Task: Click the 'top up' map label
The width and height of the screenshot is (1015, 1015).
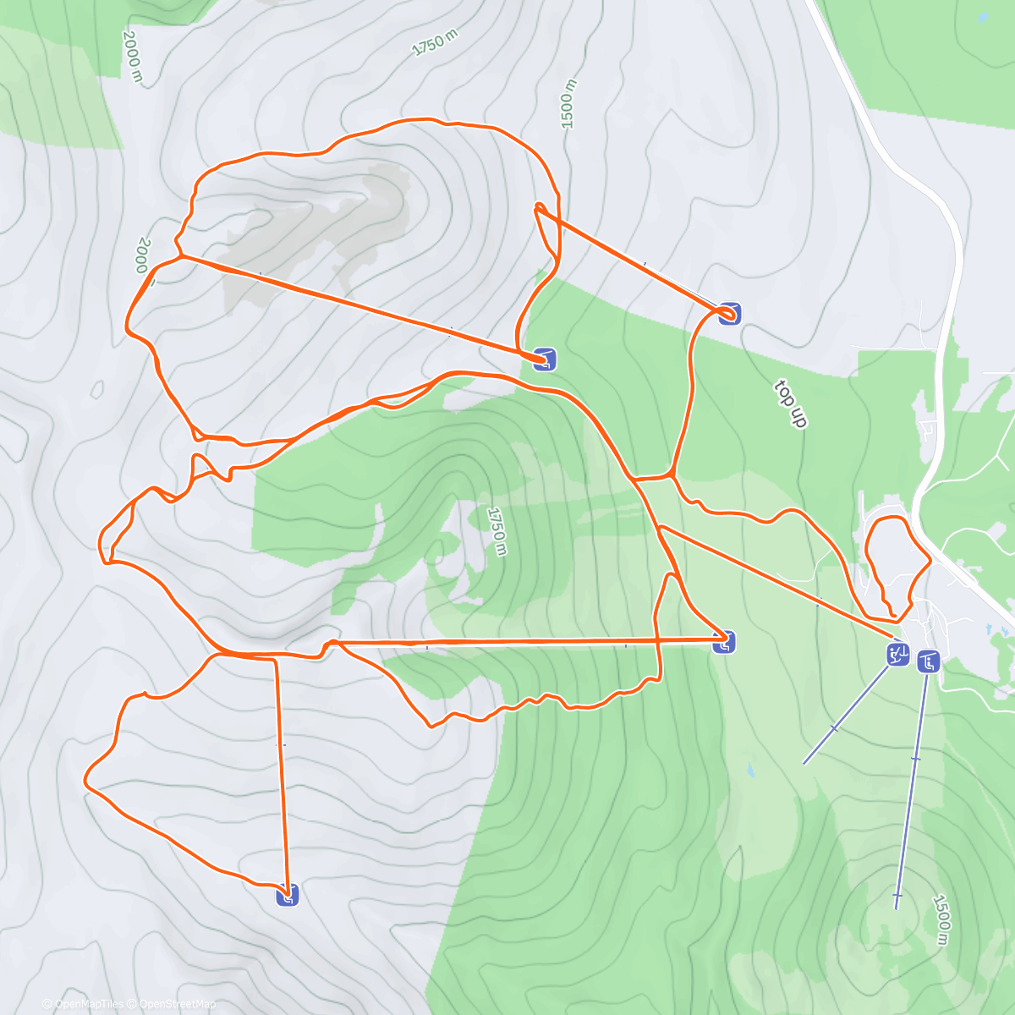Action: coord(789,404)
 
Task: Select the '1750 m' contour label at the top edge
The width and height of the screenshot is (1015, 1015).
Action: coord(434,42)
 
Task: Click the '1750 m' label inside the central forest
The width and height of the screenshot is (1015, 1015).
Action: coord(497,531)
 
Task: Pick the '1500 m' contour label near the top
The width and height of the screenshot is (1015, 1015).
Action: coord(568,104)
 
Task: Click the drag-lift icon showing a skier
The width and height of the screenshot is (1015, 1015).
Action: coord(897,654)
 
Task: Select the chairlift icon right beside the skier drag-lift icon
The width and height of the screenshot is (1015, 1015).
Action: coord(929,661)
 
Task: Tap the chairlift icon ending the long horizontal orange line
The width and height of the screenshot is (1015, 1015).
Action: coord(723,643)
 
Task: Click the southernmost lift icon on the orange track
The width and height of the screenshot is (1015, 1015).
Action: coord(288,895)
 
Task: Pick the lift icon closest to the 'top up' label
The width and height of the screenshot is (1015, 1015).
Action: coord(730,314)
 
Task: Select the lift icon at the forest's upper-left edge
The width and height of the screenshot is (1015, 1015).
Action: coord(546,359)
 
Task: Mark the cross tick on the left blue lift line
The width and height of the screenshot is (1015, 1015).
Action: coord(834,728)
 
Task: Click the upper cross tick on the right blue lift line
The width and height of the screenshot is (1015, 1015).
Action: coord(915,759)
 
